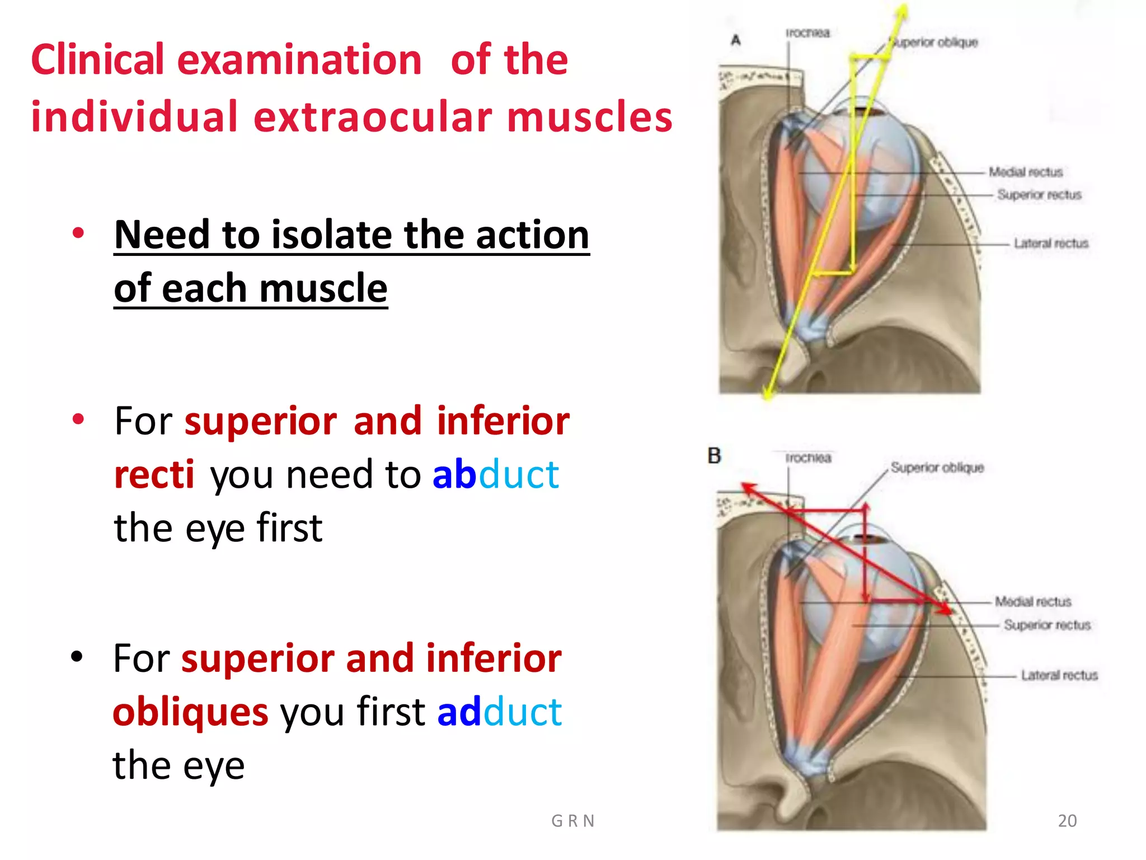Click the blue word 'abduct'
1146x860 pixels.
[x=495, y=475]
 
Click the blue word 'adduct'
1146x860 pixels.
[x=499, y=712]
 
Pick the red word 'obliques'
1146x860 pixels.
[x=190, y=712]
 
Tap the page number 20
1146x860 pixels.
[x=1067, y=820]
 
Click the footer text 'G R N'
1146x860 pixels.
[x=572, y=821]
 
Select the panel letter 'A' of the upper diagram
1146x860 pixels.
[x=736, y=40]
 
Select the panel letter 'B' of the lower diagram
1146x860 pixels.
[x=714, y=456]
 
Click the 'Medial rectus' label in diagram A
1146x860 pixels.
[x=1025, y=172]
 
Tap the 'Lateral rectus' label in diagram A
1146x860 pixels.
[x=1050, y=244]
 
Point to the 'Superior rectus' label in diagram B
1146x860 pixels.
[x=1046, y=625]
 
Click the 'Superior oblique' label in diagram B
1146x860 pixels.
[x=937, y=468]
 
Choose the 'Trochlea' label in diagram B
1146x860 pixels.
[x=808, y=458]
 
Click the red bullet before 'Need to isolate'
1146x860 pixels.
[x=78, y=233]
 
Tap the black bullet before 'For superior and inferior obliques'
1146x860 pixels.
[x=77, y=656]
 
